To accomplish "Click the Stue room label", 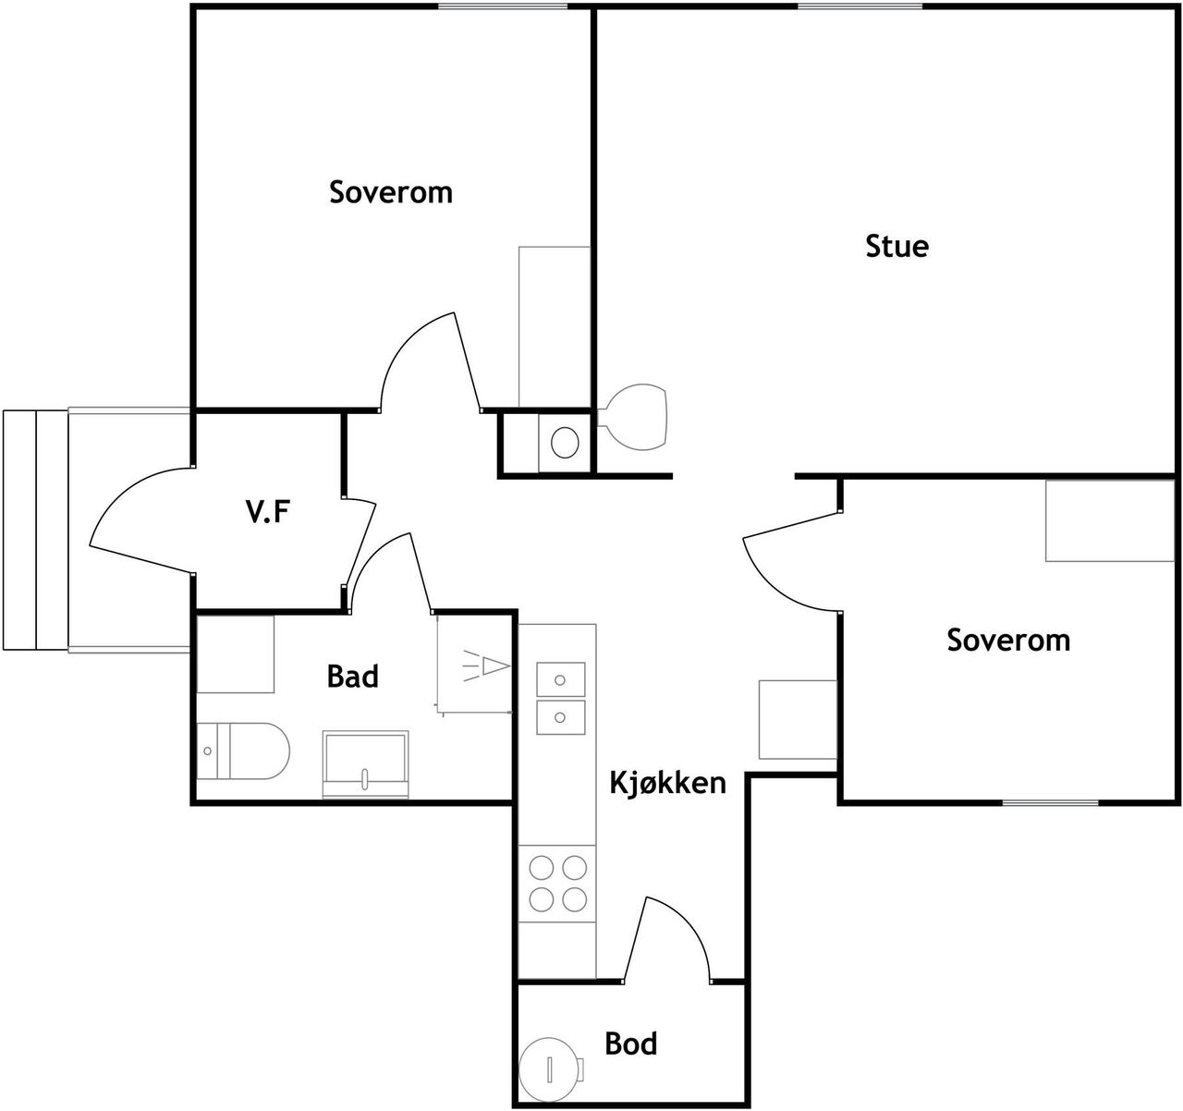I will tap(896, 247).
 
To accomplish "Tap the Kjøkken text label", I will tap(667, 783).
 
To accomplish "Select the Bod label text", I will tap(631, 1044).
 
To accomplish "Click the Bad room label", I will tap(353, 677).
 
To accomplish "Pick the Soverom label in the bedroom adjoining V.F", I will tap(391, 192).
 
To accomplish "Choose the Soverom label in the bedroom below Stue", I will tap(1008, 640).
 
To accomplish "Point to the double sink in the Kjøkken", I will tap(560, 698).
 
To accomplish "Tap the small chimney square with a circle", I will tap(563, 443).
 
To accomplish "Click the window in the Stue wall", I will tap(860, 7).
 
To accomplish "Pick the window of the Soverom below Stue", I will tap(1051, 801).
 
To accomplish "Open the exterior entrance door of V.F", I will tap(139, 518).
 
